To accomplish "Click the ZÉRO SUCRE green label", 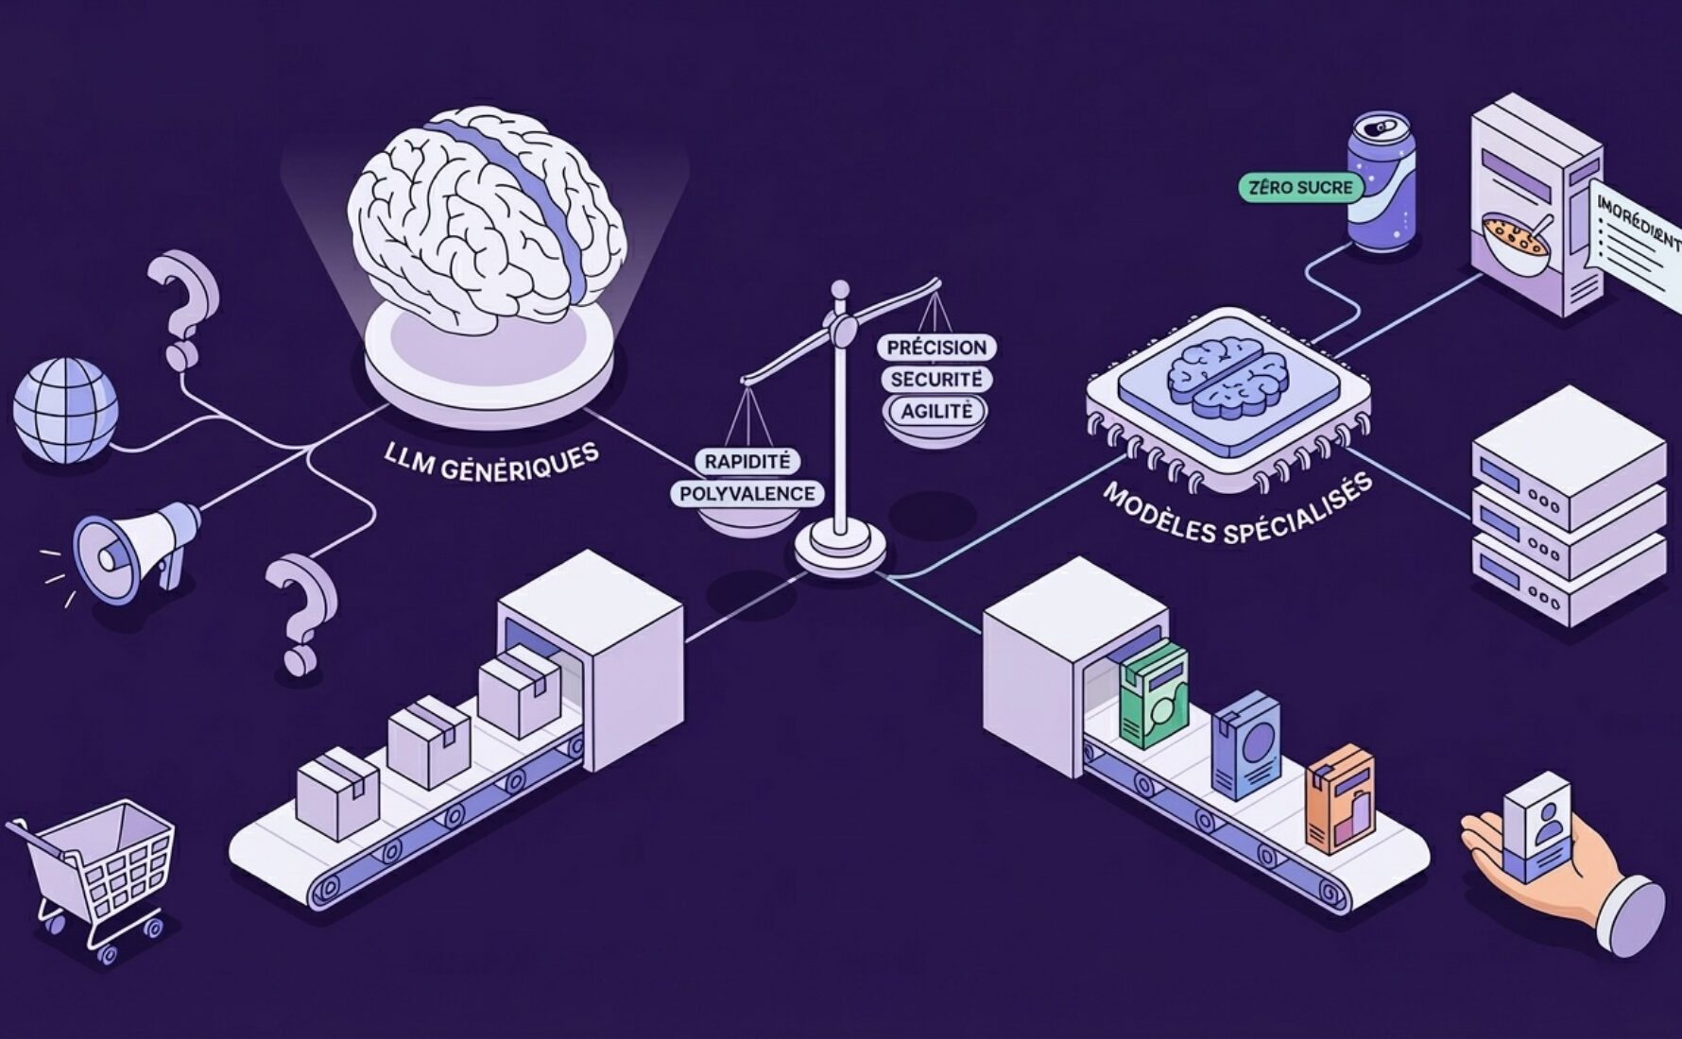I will pos(1300,187).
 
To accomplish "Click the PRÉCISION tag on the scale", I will pos(936,347).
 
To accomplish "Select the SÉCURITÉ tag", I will pos(936,380).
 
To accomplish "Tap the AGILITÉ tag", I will pos(935,411).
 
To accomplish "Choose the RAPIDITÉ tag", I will pos(747,461).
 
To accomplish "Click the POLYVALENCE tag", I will pos(747,493).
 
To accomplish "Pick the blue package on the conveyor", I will pos(1245,745).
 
